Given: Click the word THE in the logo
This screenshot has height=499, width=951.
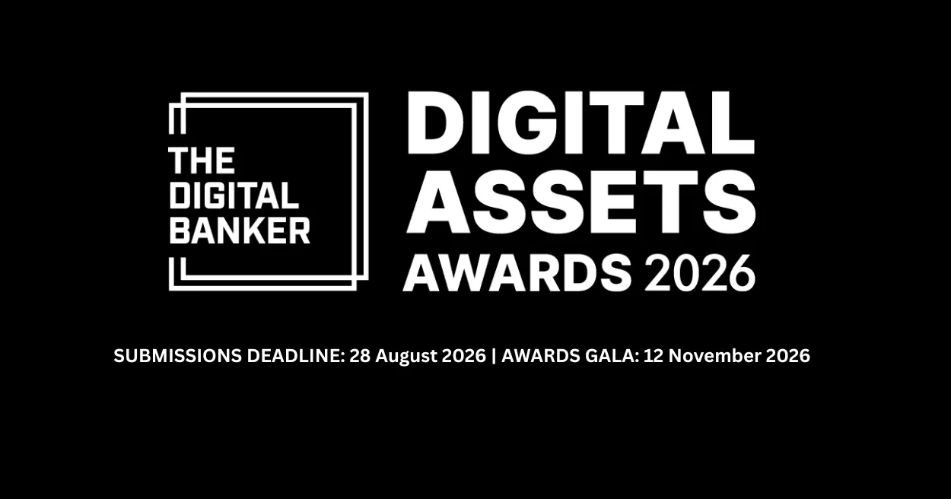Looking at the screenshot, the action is [202, 161].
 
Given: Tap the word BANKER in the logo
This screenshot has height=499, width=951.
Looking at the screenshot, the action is [240, 230].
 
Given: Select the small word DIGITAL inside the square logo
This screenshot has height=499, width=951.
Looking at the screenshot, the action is [234, 195].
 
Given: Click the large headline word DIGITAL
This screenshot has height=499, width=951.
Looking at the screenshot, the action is [580, 122].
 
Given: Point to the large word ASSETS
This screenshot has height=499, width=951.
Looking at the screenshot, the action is [580, 202].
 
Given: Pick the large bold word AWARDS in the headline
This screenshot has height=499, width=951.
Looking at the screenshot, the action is [517, 273].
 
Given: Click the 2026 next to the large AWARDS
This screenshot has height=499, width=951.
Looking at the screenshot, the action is [700, 273].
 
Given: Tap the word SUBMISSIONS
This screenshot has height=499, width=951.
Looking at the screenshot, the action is [177, 355].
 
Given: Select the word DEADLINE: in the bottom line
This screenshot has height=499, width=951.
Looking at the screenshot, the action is [296, 355].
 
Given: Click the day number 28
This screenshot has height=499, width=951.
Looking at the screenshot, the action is [360, 355].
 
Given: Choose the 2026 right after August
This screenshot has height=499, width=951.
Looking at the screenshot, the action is [463, 355].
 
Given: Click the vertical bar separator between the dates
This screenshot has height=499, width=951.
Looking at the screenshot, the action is [493, 356].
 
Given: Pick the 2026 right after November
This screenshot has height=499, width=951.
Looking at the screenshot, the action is [787, 355].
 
